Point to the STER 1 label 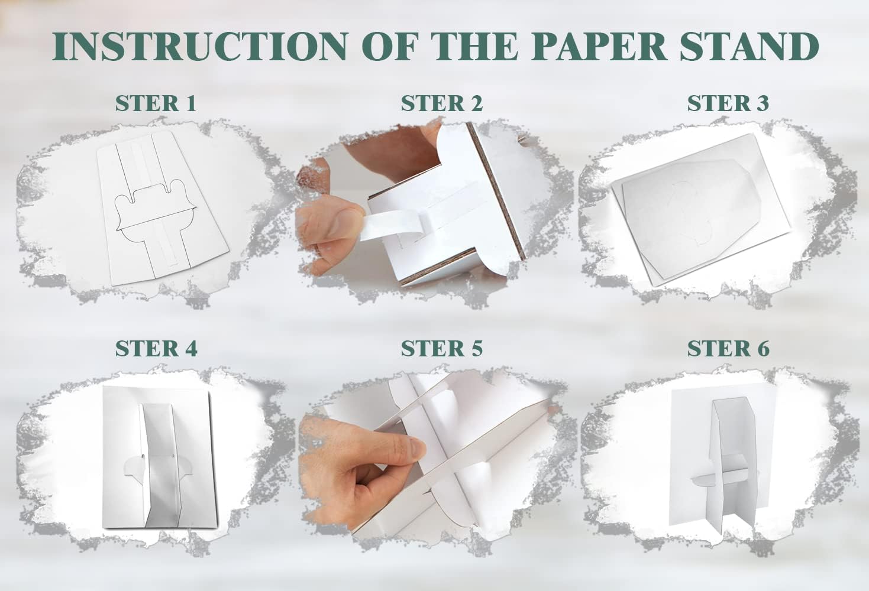[x=156, y=103]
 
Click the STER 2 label [x=441, y=103]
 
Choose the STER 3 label [x=728, y=103]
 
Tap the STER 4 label [x=156, y=348]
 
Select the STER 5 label [x=441, y=348]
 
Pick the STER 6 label [x=728, y=348]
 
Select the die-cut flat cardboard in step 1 [x=163, y=209]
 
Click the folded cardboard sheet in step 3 [x=700, y=210]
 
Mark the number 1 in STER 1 [x=191, y=103]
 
